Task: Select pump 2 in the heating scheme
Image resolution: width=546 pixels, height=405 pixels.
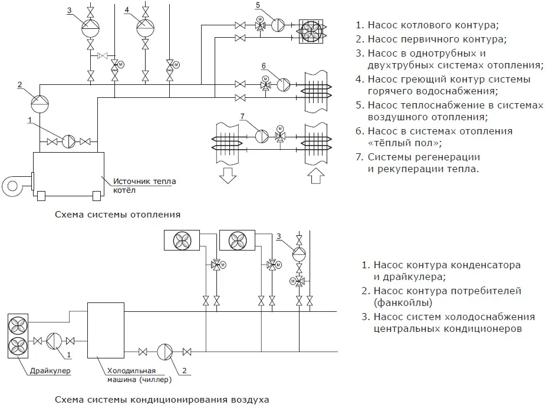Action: pyautogui.click(x=40, y=102)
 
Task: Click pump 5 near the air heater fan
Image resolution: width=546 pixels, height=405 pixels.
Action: pyautogui.click(x=278, y=25)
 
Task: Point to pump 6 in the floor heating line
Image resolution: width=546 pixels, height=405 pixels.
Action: pyautogui.click(x=284, y=84)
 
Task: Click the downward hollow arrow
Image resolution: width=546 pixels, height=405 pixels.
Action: pyautogui.click(x=227, y=175)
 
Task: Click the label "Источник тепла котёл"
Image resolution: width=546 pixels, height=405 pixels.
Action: pyautogui.click(x=144, y=186)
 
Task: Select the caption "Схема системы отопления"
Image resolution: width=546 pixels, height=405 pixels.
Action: pyautogui.click(x=117, y=215)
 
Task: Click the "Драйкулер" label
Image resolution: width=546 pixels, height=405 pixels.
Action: pyautogui.click(x=50, y=370)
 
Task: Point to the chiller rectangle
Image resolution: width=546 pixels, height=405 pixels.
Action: pyautogui.click(x=106, y=330)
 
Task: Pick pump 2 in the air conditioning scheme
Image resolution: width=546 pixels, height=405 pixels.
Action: pyautogui.click(x=165, y=352)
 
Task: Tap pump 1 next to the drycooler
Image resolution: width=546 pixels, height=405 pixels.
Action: pyautogui.click(x=54, y=341)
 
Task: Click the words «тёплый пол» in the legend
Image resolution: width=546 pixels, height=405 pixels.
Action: pyautogui.click(x=396, y=143)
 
